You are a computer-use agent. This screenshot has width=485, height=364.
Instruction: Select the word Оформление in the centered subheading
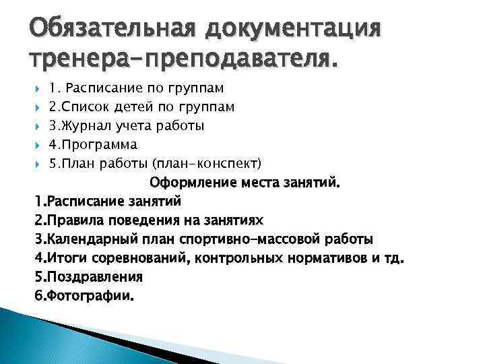pos(185,182)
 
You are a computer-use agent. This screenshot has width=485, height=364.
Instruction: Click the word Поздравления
pos(94,276)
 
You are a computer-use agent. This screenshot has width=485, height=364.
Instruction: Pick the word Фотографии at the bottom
pos(90,295)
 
